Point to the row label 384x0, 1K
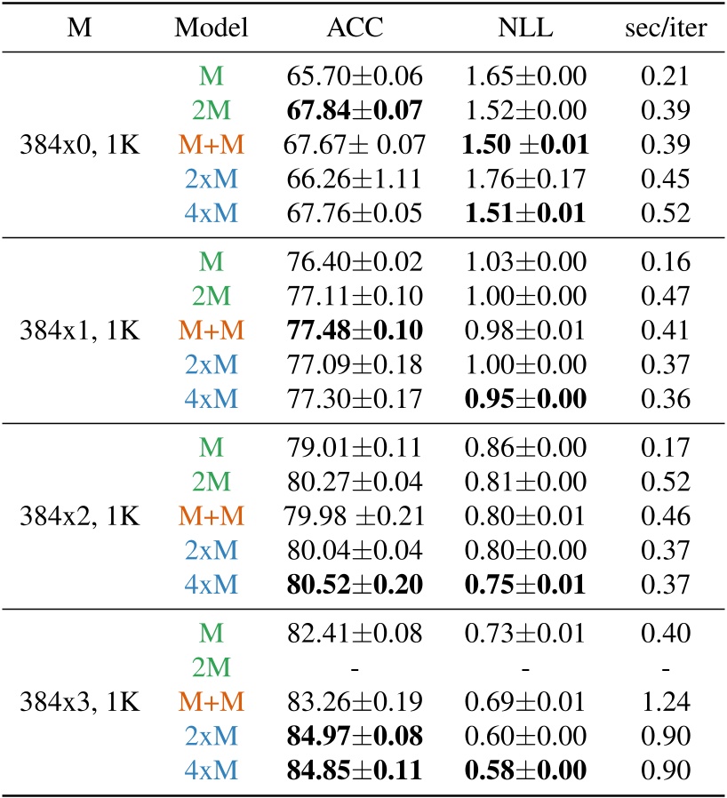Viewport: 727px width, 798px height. pyautogui.click(x=80, y=144)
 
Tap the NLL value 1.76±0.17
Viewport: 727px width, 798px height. pyautogui.click(x=524, y=179)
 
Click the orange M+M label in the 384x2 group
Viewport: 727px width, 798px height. pyautogui.click(x=212, y=515)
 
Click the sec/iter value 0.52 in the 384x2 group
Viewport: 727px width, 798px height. pyautogui.click(x=666, y=481)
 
